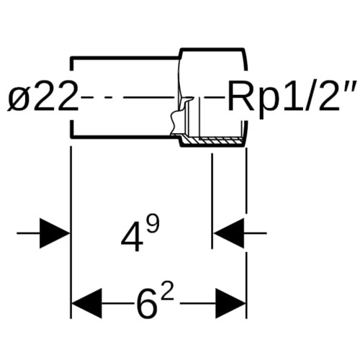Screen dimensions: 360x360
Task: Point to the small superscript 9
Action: (x=153, y=224)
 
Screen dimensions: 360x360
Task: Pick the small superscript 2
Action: (x=167, y=292)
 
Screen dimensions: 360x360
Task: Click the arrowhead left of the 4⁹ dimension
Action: (x=55, y=233)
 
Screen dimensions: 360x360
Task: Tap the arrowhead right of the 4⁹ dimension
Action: (x=229, y=233)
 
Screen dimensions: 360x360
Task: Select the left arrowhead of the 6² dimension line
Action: (x=87, y=303)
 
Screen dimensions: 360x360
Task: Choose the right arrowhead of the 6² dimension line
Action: (x=230, y=303)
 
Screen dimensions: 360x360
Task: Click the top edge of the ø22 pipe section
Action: (x=125, y=58)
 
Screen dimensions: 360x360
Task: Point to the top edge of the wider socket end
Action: (x=213, y=50)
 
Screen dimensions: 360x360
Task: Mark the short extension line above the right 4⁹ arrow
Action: (x=212, y=201)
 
